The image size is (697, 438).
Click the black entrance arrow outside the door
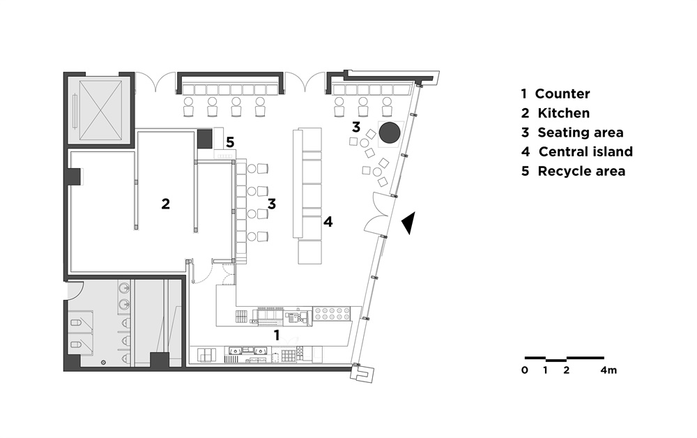(x=409, y=222)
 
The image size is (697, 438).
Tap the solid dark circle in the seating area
(x=390, y=133)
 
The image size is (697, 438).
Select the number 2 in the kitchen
(x=165, y=204)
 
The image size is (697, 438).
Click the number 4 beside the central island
(x=328, y=222)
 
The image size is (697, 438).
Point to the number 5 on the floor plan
(x=230, y=142)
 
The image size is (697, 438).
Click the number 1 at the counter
(x=277, y=335)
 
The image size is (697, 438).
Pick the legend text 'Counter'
(x=562, y=94)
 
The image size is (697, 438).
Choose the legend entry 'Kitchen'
(x=564, y=114)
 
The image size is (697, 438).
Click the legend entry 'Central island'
(x=585, y=151)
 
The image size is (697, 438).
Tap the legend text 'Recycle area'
(x=581, y=171)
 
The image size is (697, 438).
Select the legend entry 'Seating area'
(x=581, y=133)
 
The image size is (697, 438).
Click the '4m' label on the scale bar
(x=608, y=370)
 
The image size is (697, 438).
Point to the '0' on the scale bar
(x=525, y=370)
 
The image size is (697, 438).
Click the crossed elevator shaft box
(x=100, y=109)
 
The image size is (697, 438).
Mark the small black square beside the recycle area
(x=205, y=139)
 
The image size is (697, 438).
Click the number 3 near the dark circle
(x=356, y=127)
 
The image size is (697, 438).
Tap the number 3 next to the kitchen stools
(x=272, y=204)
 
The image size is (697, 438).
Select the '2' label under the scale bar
(x=566, y=370)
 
